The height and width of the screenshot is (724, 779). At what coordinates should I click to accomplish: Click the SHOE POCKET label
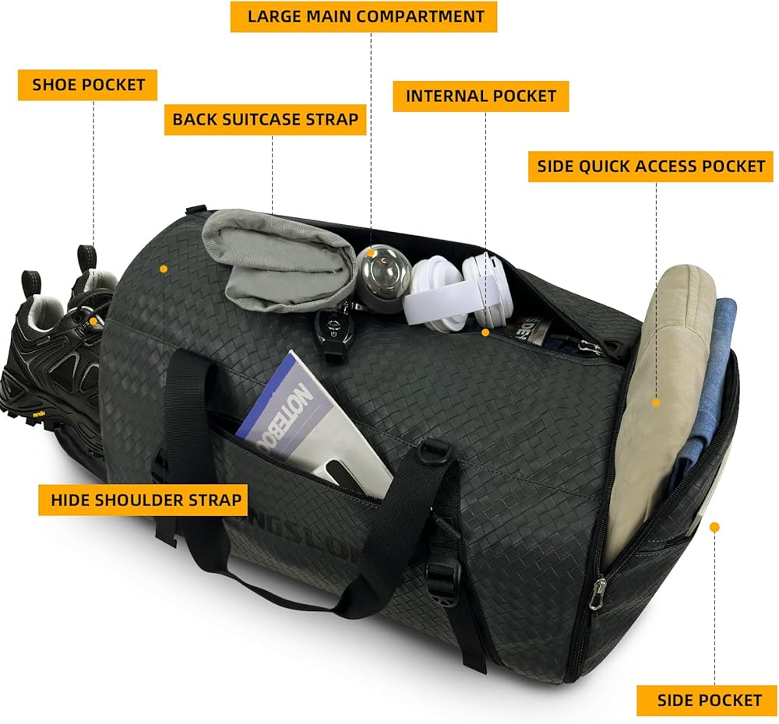88,85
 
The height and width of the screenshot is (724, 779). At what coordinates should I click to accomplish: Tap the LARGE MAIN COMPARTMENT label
364,16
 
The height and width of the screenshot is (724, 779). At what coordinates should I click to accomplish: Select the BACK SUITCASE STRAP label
265,119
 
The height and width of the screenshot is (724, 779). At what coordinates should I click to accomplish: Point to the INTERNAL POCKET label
481,97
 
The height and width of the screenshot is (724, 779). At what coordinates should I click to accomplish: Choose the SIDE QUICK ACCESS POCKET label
650,166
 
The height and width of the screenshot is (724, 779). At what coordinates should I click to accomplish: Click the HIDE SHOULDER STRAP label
143,499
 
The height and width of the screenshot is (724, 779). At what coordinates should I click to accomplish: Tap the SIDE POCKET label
709,700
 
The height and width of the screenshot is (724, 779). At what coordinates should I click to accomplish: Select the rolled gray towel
273,257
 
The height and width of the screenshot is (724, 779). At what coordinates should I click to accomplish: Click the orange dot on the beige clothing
656,402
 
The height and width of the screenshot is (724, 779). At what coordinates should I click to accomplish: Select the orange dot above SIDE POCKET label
714,527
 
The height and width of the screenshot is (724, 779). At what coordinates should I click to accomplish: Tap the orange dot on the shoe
93,321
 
